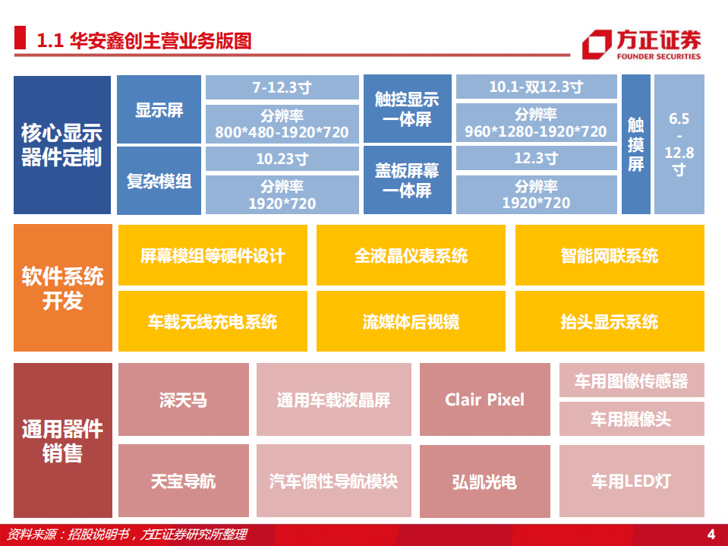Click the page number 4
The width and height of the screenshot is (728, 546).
711,534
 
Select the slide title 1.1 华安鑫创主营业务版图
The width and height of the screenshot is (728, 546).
144,40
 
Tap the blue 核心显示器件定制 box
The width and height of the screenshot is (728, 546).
61,145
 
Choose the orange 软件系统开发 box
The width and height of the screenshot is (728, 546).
61,288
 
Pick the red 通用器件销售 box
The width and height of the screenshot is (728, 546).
61,440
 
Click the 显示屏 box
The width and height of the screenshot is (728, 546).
159,109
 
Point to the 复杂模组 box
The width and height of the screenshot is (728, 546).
159,181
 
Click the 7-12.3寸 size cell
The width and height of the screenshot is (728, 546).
282,87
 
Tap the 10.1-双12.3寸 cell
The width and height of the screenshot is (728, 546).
535,87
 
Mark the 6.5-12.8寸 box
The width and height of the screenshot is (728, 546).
679,145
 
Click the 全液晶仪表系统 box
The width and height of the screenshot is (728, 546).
411,256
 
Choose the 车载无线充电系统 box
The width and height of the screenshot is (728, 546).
213,321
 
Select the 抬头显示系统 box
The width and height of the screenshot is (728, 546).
609,321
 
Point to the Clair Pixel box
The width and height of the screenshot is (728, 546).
484,399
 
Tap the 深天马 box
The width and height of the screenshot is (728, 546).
183,399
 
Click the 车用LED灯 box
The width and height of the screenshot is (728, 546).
631,481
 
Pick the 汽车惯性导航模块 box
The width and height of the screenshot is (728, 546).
333,481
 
